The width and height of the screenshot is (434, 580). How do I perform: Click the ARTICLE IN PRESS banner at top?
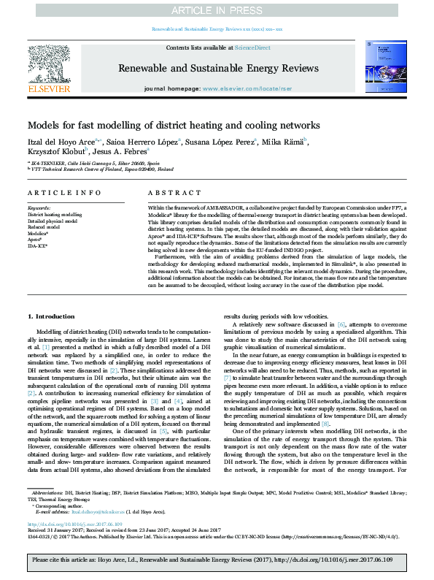point(217,11)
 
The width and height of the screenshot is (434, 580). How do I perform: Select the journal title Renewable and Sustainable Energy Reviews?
point(217,67)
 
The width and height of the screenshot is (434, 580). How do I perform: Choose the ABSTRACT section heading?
point(171,192)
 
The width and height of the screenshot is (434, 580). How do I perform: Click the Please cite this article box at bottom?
point(217,561)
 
